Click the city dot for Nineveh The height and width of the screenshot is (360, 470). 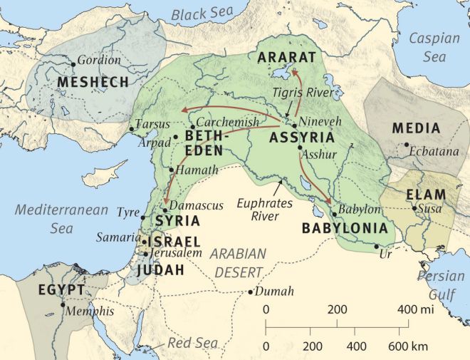coord(294,125)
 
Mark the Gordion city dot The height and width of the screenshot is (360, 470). coord(73,64)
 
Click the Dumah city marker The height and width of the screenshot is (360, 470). coord(251,292)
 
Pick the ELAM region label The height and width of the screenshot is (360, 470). coord(426,194)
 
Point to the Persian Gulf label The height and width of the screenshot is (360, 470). coord(441,284)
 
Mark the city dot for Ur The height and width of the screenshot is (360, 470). coord(377,247)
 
